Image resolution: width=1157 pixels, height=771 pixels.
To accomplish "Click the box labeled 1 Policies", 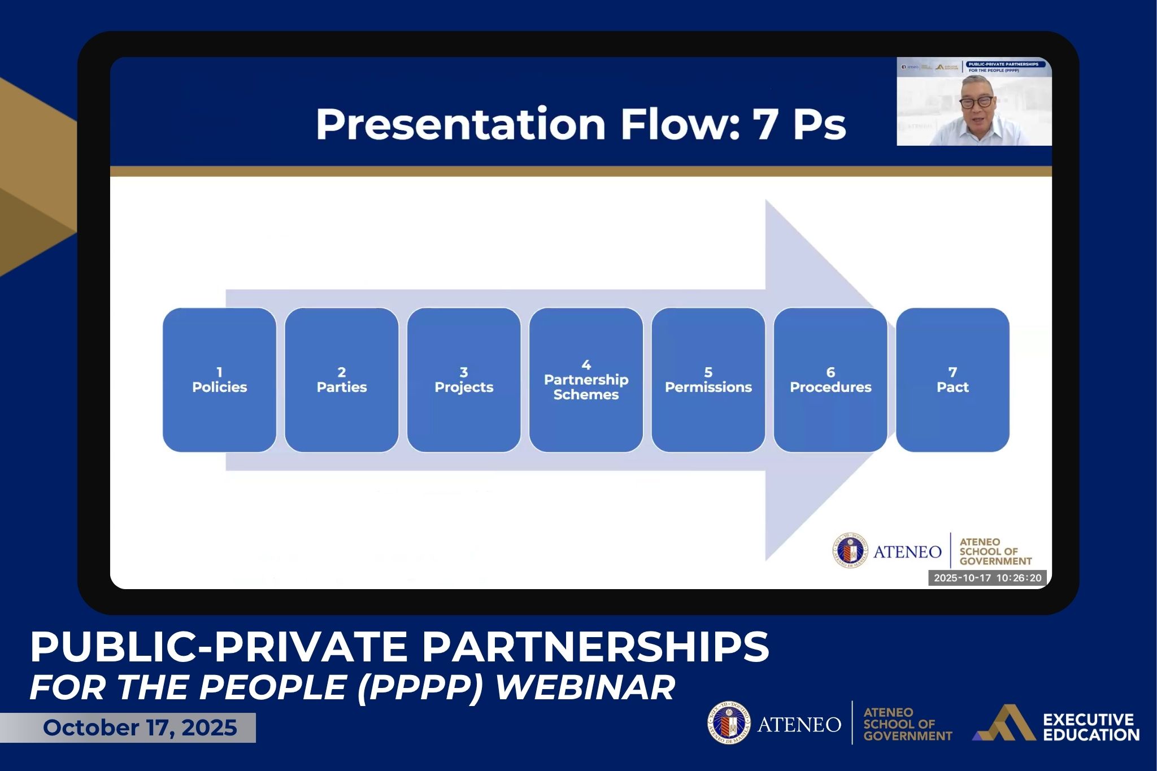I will (219, 380).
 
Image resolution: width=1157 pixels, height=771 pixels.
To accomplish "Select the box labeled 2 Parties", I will (341, 380).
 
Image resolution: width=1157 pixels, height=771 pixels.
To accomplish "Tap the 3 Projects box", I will (463, 380).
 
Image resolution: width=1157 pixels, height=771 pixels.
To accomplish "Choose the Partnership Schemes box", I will (586, 380).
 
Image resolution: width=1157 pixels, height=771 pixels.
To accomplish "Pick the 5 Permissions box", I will (708, 380).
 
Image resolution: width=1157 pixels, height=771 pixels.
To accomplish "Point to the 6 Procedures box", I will (830, 380).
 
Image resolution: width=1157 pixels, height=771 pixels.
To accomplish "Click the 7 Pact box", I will (952, 380).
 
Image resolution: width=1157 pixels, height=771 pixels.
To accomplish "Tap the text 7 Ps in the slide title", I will (799, 124).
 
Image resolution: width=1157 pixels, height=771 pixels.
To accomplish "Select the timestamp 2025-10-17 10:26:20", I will (987, 578).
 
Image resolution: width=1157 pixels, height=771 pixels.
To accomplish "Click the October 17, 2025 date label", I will (140, 728).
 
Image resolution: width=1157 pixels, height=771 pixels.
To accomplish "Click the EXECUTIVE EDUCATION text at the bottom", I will (1090, 728).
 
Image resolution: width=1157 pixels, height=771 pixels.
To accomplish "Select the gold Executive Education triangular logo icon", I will (1004, 723).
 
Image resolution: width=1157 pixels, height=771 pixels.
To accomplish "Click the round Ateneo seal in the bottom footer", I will (729, 723).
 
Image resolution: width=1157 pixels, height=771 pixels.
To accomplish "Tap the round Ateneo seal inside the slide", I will (850, 550).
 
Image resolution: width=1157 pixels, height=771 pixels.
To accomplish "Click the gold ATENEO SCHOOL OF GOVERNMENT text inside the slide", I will (995, 551).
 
